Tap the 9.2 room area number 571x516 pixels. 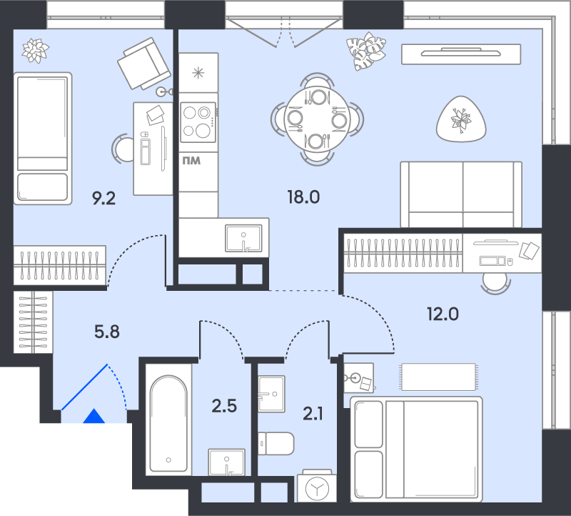pyautogui.click(x=103, y=198)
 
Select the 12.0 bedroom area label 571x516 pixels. pyautogui.click(x=443, y=312)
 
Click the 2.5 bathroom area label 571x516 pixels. pyautogui.click(x=223, y=407)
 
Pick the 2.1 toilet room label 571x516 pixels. pyautogui.click(x=312, y=412)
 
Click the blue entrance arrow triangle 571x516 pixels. pyautogui.click(x=93, y=417)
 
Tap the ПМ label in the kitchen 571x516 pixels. pyautogui.click(x=191, y=161)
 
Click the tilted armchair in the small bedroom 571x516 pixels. pyautogui.click(x=143, y=64)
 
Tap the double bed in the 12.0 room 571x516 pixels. pyautogui.click(x=416, y=449)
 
